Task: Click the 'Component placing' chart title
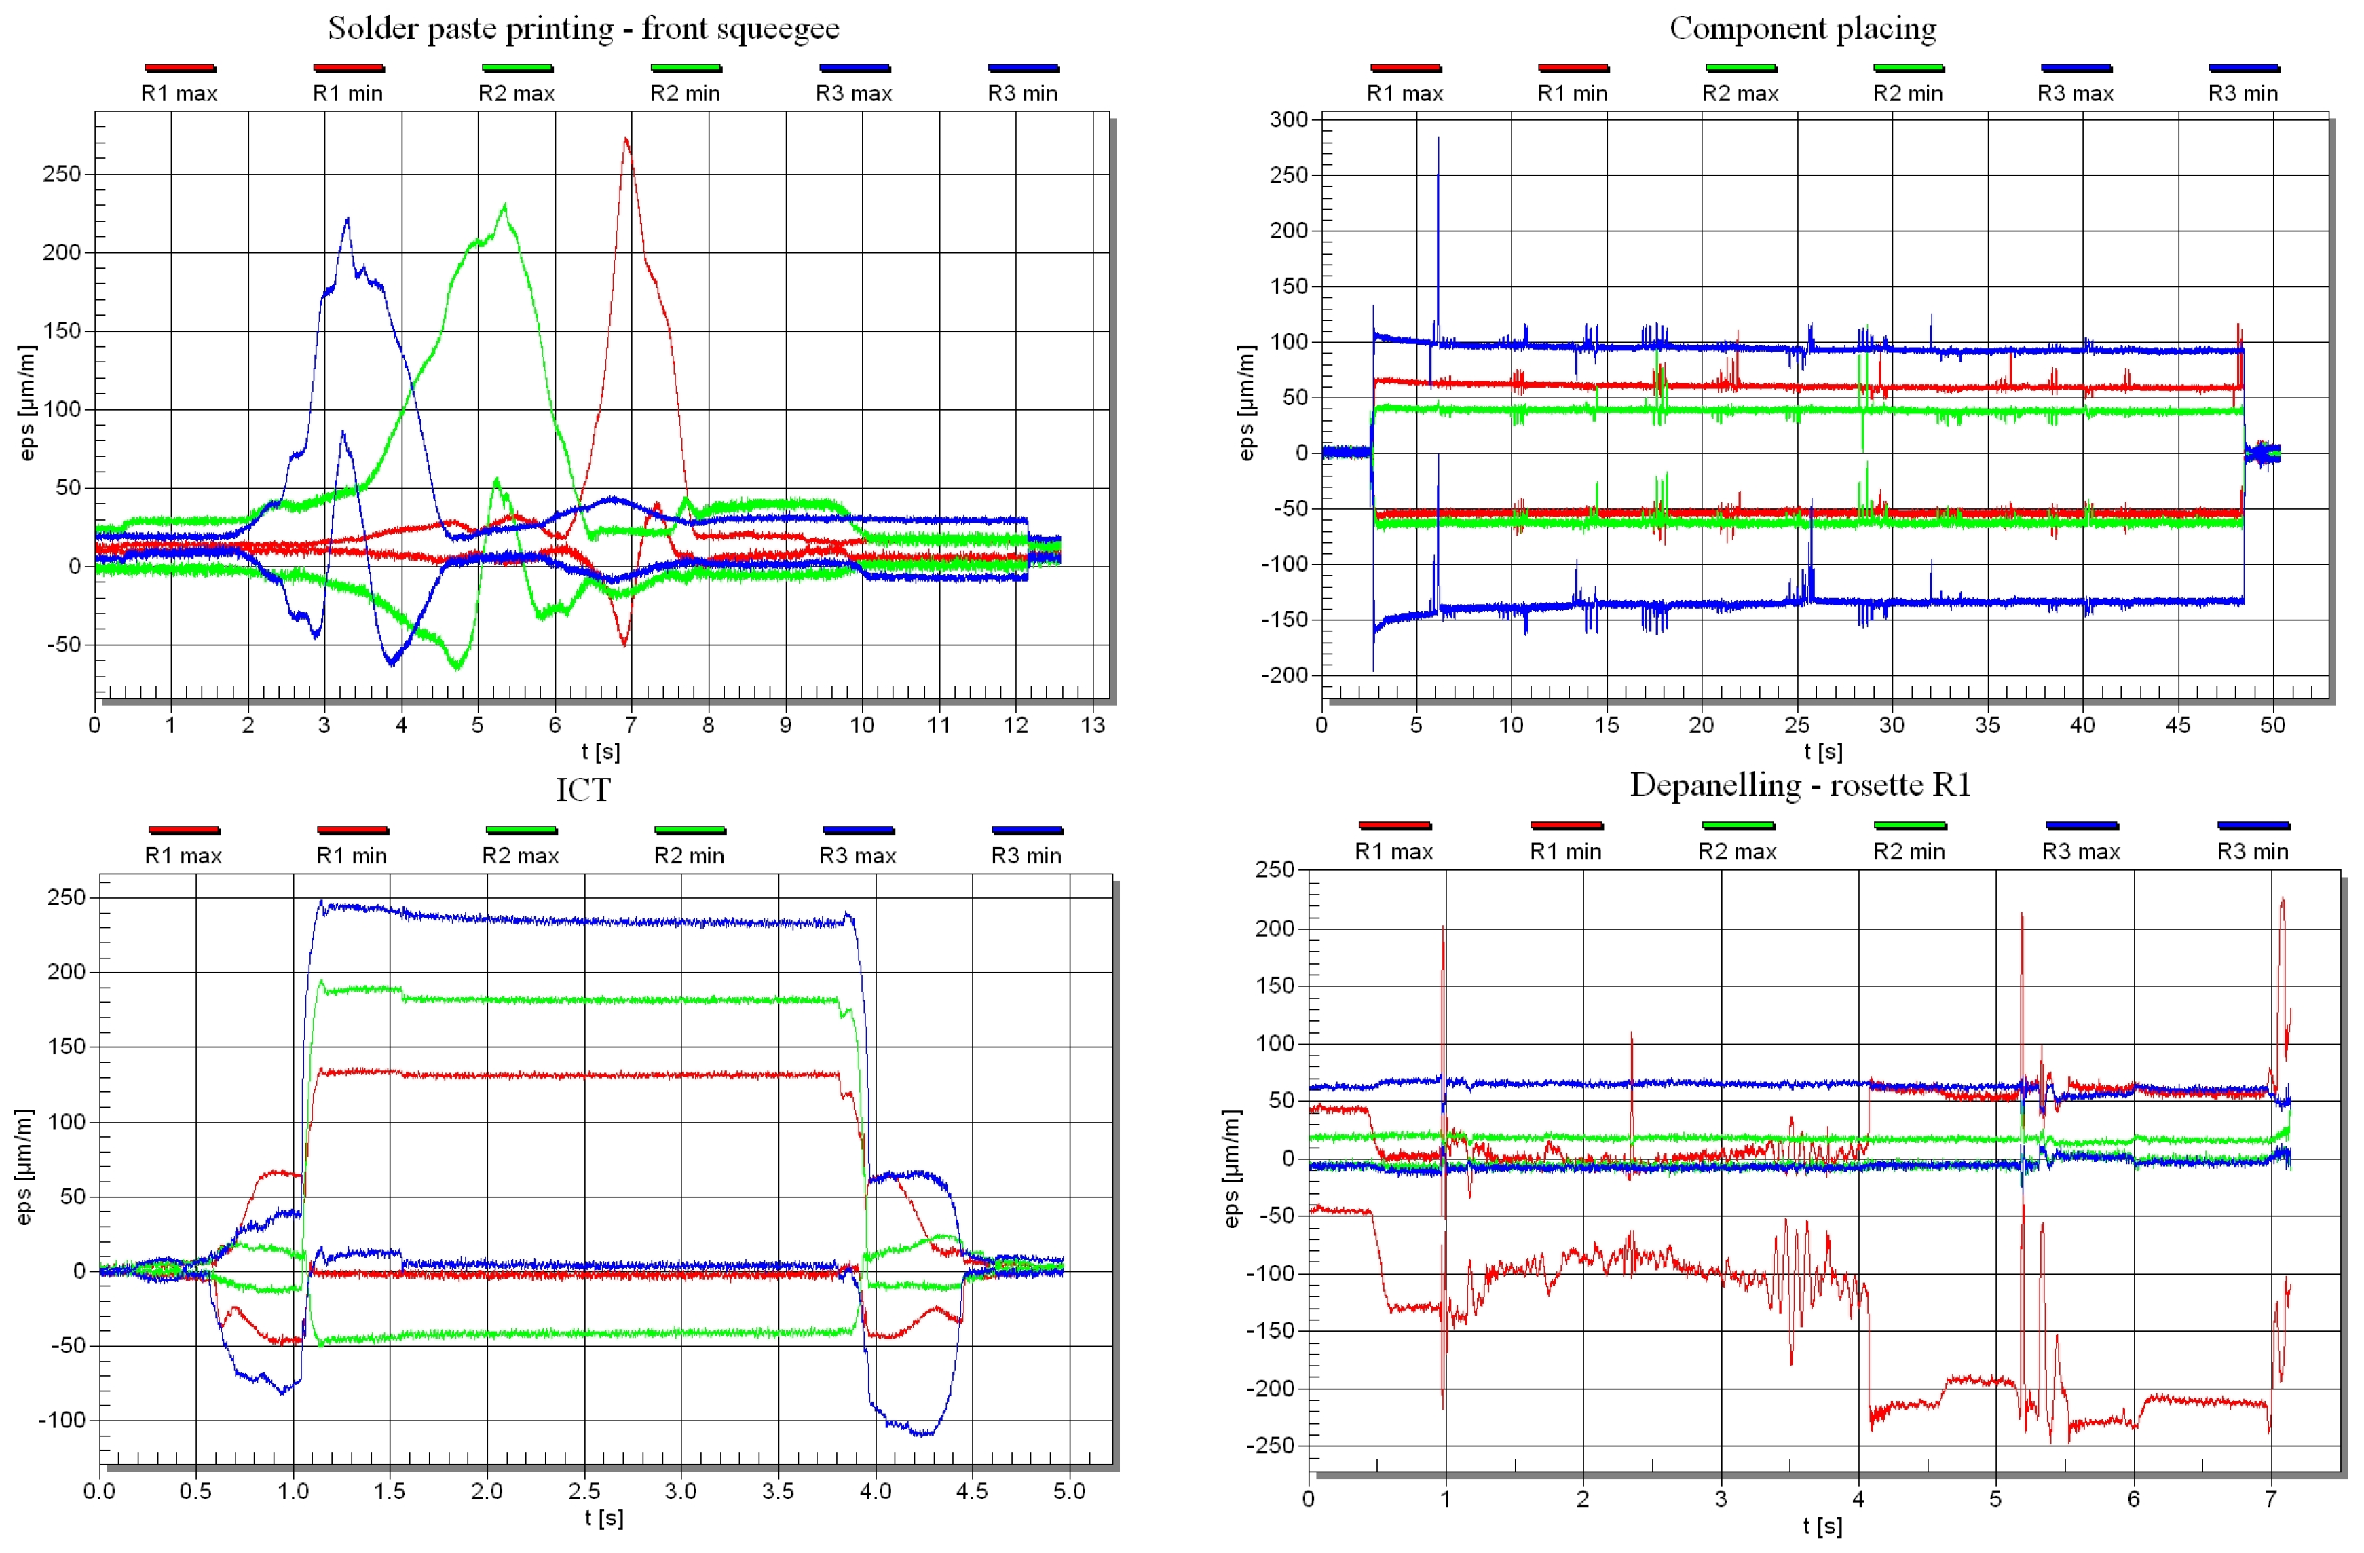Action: tap(1802, 29)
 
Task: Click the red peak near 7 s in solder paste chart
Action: tap(626, 140)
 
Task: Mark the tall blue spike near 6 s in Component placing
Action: tap(1438, 140)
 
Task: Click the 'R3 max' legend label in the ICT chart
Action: tap(857, 855)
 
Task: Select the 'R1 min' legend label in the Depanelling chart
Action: tap(1565, 852)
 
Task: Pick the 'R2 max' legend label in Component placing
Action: tap(1740, 94)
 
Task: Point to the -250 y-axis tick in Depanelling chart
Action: tap(1271, 1446)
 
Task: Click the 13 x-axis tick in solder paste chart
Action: tap(1093, 726)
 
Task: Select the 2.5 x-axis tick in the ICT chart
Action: tap(584, 1491)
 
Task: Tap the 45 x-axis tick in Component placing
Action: tap(2177, 726)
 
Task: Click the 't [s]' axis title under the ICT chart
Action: tap(604, 1517)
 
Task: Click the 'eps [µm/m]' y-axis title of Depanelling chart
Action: tap(1232, 1168)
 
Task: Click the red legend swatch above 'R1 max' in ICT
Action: tap(184, 829)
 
